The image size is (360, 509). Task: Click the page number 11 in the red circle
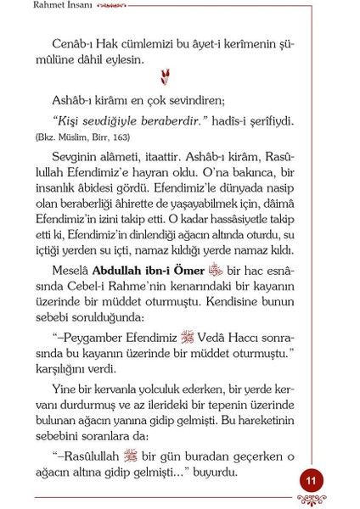pyautogui.click(x=312, y=481)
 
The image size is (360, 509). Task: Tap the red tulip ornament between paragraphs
pyautogui.click(x=165, y=79)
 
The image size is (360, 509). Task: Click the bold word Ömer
pyautogui.click(x=188, y=271)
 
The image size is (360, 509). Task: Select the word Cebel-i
pyautogui.click(x=89, y=287)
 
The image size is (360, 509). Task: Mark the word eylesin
pyautogui.click(x=122, y=59)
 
